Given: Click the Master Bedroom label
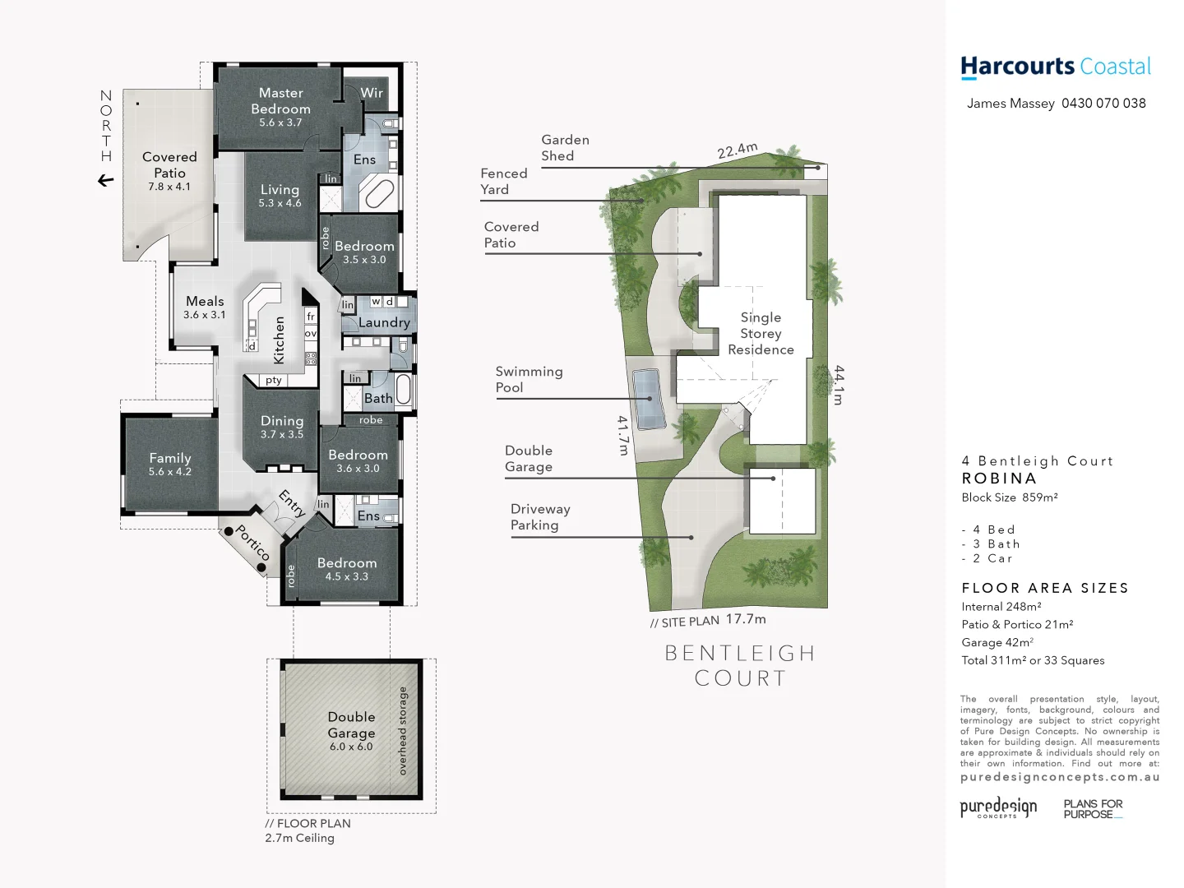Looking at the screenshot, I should (x=280, y=101).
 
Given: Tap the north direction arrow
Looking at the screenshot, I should (x=105, y=180).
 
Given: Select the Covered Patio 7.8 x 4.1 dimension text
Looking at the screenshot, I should (x=169, y=187).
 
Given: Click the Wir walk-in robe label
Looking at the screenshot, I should (x=372, y=93).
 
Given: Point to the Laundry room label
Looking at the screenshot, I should (x=384, y=322).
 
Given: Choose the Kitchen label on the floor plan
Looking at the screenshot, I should (x=279, y=340).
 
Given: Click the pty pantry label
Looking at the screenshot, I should (x=274, y=380).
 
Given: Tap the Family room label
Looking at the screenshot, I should (x=170, y=458).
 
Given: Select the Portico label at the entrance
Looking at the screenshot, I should (x=252, y=543).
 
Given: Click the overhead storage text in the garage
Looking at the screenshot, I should (x=403, y=730).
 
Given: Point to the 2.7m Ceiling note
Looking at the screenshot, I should (x=299, y=838).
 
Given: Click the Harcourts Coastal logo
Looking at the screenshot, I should (x=1056, y=67).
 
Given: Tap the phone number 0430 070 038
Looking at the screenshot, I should (x=1103, y=104).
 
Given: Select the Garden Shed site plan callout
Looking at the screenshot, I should (x=565, y=148).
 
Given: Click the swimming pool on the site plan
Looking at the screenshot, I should (x=648, y=399).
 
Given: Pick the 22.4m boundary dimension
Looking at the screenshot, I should (x=737, y=150).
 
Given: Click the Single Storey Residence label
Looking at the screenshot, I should (x=761, y=333).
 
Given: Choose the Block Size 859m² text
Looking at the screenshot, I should (x=1010, y=497).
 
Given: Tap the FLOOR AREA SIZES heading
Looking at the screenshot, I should (x=1045, y=588).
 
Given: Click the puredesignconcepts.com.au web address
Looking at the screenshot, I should (x=1060, y=777).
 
